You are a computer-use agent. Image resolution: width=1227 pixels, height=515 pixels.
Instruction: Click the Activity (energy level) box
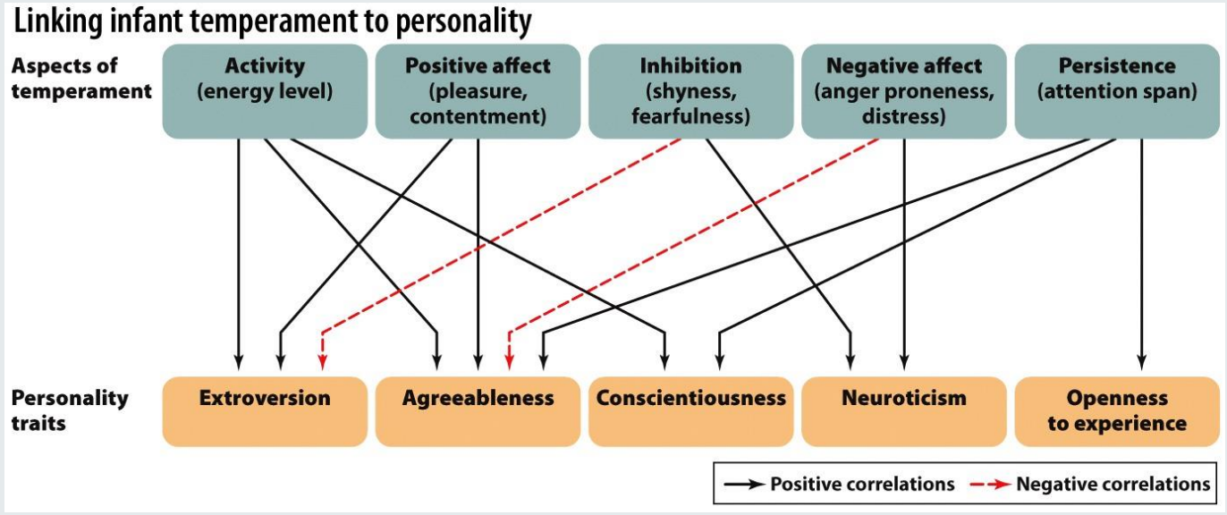point(265,91)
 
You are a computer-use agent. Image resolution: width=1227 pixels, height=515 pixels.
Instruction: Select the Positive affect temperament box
point(478,91)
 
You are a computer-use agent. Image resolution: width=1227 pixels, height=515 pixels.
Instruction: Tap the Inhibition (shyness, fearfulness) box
point(690,91)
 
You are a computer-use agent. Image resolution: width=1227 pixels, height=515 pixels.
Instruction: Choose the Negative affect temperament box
point(904,91)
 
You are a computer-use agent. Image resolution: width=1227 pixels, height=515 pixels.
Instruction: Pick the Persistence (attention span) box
point(1117,91)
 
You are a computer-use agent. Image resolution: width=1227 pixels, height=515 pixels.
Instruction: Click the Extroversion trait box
point(265,411)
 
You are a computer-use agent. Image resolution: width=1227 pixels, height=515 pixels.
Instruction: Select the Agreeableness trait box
point(478,411)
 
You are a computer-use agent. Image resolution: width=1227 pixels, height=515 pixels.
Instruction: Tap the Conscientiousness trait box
point(690,411)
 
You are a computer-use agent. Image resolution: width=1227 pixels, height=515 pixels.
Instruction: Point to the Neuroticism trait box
point(904,411)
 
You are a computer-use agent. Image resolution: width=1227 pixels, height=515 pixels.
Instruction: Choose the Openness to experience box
point(1117,411)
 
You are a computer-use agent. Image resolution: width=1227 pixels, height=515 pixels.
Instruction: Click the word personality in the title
point(463,23)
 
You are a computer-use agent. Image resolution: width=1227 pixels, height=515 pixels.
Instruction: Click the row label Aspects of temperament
point(81,79)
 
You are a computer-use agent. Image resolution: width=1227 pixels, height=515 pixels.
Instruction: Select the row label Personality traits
point(70,410)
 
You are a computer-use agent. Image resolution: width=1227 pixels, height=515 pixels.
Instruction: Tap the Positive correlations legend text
point(862,484)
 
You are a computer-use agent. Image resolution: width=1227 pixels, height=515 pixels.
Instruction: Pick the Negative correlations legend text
point(1113,484)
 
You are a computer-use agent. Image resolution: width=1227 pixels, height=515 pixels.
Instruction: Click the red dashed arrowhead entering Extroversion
point(323,362)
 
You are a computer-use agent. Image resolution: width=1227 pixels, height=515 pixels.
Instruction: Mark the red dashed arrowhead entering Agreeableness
point(510,362)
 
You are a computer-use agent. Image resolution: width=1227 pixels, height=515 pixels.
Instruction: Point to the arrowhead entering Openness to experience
point(1141,362)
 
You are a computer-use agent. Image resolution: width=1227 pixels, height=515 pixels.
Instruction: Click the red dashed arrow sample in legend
point(990,485)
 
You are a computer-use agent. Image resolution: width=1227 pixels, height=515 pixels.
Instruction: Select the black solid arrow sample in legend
point(744,485)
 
